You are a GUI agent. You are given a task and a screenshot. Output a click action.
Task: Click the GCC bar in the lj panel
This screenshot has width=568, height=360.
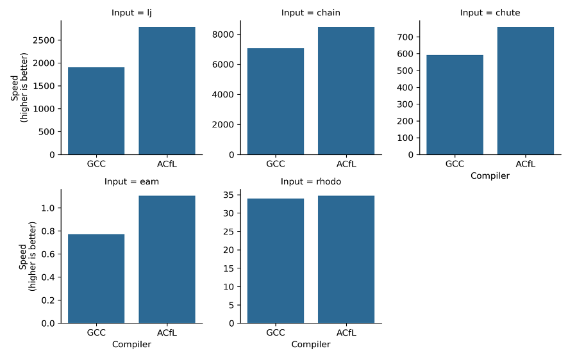point(96,111)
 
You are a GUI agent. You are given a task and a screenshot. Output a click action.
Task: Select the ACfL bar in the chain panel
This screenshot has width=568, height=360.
point(346,90)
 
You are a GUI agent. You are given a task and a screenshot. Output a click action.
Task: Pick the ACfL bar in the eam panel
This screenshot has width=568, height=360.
point(167,259)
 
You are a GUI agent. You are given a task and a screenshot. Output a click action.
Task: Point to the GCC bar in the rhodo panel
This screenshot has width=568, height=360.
point(276,261)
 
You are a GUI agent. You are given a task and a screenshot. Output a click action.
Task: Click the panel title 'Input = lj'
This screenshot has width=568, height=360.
point(131,13)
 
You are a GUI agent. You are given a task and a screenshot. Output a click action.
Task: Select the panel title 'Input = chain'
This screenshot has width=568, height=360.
point(311,13)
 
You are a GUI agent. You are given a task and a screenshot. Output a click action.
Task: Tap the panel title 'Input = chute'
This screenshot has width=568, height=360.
point(490,13)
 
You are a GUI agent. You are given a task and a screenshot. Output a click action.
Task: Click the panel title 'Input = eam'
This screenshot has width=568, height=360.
point(131,181)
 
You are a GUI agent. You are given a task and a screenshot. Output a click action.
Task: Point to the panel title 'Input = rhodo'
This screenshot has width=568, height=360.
point(311,181)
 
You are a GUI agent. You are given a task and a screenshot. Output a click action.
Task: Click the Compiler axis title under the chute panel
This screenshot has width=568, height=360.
point(490,176)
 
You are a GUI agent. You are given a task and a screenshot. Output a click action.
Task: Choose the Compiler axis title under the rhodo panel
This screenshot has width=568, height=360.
point(311,345)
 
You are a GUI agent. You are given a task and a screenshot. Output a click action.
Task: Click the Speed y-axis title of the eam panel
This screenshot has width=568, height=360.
point(28,256)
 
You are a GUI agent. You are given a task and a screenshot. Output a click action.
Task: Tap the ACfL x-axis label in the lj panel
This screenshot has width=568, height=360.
point(167,164)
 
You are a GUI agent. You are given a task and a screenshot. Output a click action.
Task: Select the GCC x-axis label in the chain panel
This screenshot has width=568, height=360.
point(276,164)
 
